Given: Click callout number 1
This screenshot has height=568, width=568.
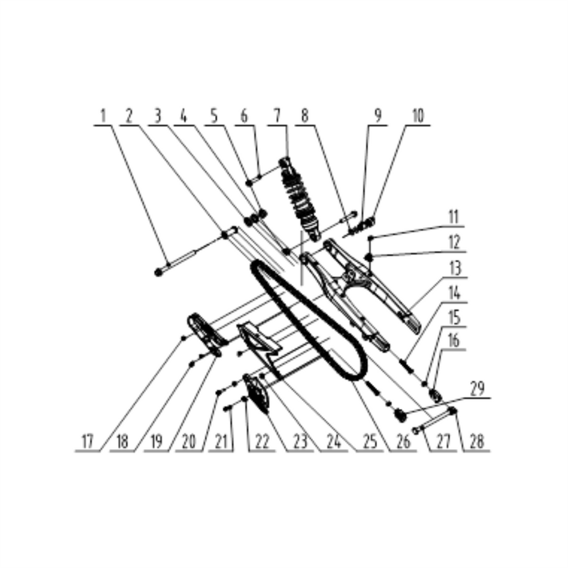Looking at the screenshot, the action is click(x=103, y=116).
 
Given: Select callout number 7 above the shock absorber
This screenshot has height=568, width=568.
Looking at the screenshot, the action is click(x=277, y=116).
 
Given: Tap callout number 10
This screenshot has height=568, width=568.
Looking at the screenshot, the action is click(x=418, y=116).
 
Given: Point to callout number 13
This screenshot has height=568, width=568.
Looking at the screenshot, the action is click(x=455, y=269).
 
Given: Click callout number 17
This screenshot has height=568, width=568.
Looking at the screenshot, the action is click(x=87, y=442).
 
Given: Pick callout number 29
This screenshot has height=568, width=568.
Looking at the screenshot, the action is click(x=478, y=389).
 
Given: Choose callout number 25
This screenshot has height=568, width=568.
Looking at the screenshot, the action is click(x=369, y=442).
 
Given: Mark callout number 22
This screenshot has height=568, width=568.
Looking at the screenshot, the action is click(x=262, y=442).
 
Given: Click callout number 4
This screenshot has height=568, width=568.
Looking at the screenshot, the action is click(x=184, y=116).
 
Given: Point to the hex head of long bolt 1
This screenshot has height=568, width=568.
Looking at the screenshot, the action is click(x=158, y=272).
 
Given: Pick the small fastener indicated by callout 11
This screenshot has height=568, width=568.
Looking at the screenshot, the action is click(x=370, y=238).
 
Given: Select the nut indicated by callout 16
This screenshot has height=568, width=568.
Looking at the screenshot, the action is click(x=435, y=395).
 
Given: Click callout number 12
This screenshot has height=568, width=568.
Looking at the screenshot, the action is click(x=455, y=242).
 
